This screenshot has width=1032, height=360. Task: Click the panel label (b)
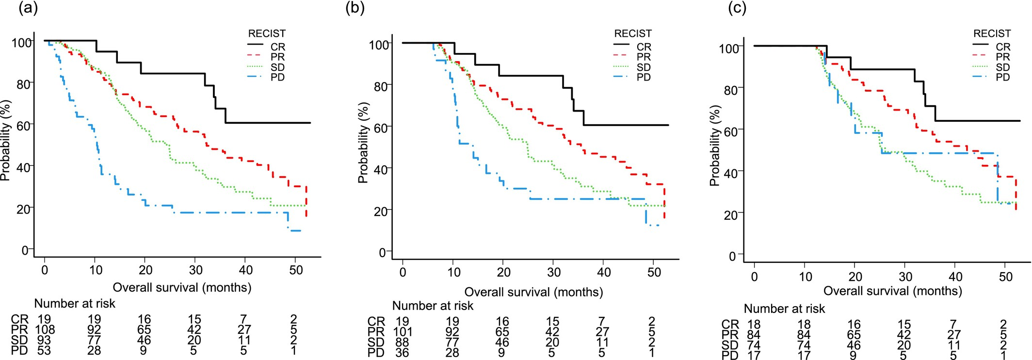click(355, 8)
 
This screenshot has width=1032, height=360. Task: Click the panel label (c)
click(737, 8)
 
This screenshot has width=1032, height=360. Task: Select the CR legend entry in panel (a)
click(277, 47)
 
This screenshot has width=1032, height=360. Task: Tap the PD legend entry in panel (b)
click(644, 78)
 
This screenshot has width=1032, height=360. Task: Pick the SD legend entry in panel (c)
click(1003, 67)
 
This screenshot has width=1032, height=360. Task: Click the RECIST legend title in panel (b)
click(633, 33)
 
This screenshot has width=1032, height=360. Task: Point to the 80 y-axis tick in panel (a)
click(23, 84)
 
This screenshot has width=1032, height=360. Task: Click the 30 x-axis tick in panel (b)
click(554, 272)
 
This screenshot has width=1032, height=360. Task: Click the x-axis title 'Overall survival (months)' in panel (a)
click(182, 288)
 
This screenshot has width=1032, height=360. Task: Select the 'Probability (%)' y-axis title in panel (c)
click(714, 146)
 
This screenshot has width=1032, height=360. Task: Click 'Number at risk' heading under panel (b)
click(433, 306)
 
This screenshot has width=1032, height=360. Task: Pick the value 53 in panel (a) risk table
click(44, 350)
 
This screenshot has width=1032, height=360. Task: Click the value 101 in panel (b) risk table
click(402, 332)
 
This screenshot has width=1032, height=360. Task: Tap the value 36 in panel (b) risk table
click(402, 353)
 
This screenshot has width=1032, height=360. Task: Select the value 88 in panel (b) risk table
click(402, 343)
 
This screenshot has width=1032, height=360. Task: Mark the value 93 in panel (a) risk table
click(44, 340)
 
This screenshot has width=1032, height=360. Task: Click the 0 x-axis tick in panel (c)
click(754, 277)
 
